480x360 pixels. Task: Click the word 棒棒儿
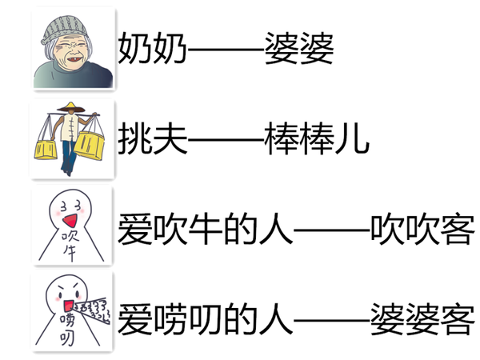point(316,139)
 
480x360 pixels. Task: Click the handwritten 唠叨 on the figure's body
point(66,331)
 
